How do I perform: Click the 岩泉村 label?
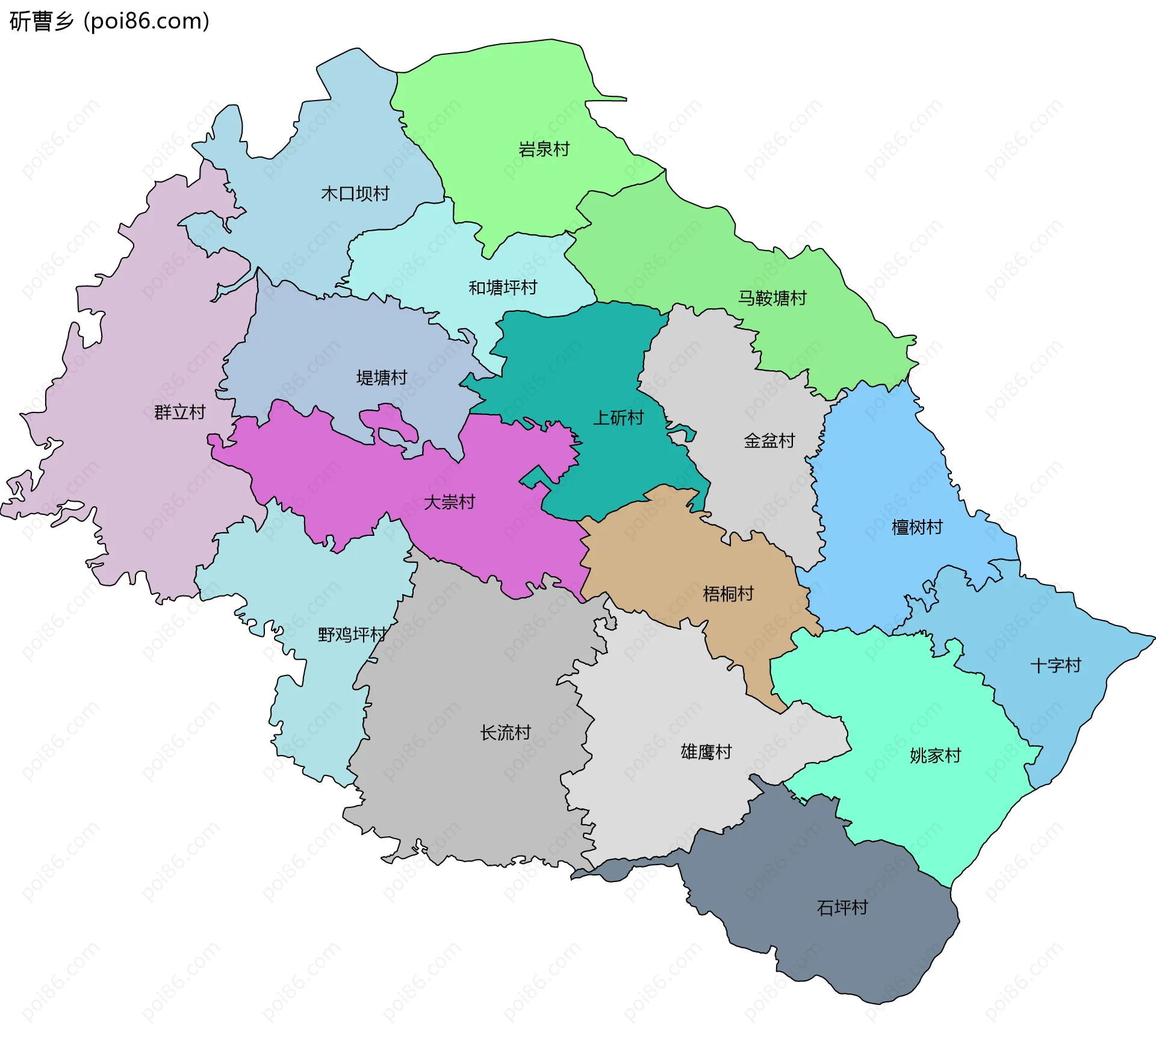544,149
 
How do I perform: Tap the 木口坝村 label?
355,194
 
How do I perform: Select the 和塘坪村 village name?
503,288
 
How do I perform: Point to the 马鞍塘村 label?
772,298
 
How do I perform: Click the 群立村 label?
179,412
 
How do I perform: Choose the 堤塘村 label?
382,378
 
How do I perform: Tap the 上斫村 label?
618,418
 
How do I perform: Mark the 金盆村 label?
769,441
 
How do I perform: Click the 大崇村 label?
449,502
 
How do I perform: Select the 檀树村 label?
916,527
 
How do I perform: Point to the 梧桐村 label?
728,594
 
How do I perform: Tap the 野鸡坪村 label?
352,635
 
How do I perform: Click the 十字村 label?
1055,665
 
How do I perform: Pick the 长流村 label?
505,733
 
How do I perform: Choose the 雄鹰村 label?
706,752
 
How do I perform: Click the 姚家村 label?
935,756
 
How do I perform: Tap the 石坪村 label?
842,908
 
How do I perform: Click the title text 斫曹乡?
41,22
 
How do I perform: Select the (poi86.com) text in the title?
146,22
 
